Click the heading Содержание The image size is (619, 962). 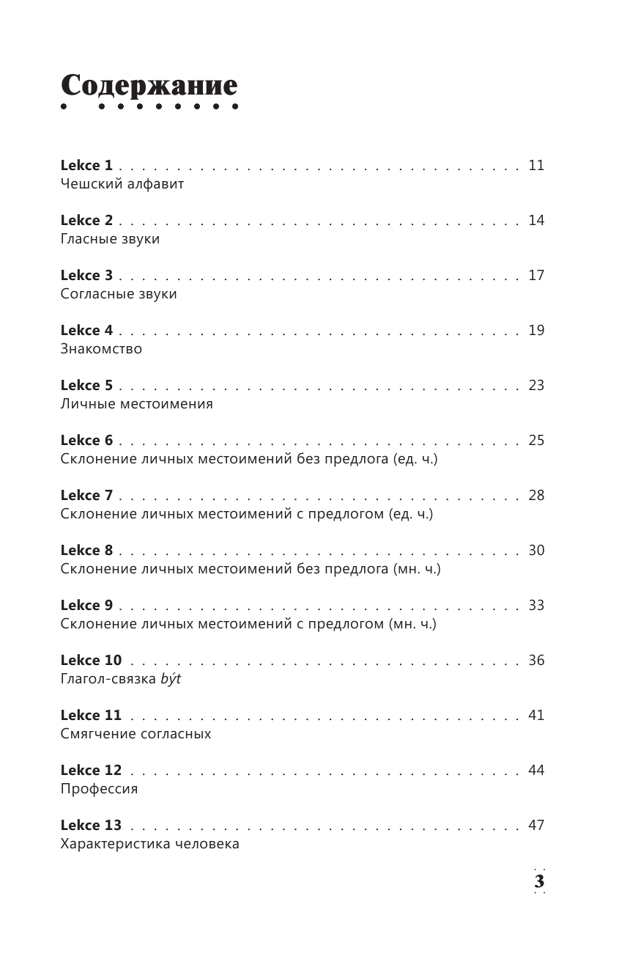149,86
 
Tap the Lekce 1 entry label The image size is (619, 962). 86,166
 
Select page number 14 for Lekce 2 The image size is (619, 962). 536,221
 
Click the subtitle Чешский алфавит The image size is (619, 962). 122,184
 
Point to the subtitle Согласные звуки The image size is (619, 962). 119,294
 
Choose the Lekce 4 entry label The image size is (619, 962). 86,331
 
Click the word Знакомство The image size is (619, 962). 101,349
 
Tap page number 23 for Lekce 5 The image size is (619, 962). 536,386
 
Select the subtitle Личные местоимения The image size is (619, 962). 137,404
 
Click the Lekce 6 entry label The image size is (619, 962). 86,441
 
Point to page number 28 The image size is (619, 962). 536,496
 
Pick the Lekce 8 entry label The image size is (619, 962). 86,551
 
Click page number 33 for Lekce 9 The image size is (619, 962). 536,606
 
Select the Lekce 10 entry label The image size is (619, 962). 91,661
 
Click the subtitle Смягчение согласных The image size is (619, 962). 136,734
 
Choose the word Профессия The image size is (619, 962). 99,789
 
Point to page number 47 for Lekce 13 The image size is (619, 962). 536,826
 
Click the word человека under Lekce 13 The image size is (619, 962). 207,844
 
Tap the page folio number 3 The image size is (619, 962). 539,881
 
